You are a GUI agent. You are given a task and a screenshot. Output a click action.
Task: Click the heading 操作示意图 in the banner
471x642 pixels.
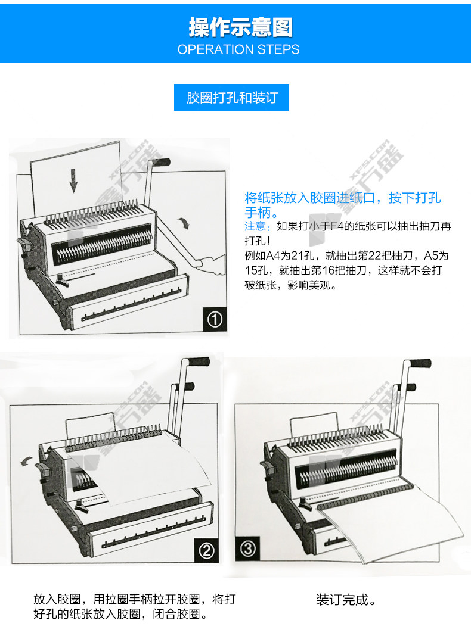click(240, 27)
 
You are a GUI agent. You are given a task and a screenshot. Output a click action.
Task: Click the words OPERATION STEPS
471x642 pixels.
click(238, 49)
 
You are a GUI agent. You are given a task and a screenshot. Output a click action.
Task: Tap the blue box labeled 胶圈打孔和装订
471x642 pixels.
click(231, 98)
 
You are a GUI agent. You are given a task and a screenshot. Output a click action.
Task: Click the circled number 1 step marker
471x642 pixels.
click(215, 319)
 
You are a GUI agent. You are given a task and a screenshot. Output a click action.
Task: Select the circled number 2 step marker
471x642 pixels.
click(206, 550)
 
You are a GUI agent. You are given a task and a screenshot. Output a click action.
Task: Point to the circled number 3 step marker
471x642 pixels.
click(247, 548)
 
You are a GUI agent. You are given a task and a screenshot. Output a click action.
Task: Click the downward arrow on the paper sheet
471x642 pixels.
click(73, 180)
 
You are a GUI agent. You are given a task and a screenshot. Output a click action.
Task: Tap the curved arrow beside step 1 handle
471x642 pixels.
click(184, 223)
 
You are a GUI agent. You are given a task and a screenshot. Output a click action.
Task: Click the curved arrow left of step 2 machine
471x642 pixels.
click(27, 460)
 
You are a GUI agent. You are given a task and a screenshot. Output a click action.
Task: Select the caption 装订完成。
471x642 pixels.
click(346, 600)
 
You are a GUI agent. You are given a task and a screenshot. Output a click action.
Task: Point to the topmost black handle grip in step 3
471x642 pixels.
click(420, 363)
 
